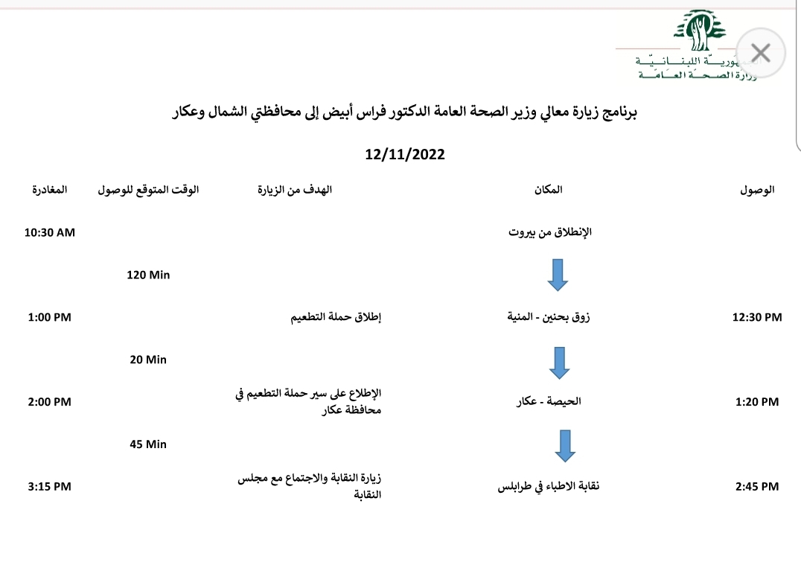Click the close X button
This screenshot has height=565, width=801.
tap(760, 53)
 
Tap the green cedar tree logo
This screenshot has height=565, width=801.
tap(698, 31)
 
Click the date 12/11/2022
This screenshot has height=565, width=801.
tap(405, 155)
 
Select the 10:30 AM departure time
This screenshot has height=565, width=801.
tap(50, 232)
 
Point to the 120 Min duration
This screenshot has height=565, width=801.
tap(149, 275)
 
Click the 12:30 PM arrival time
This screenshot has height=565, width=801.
tap(758, 317)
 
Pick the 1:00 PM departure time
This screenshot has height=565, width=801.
tap(50, 317)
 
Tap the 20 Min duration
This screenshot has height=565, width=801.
tap(148, 360)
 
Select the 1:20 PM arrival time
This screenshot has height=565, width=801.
tap(756, 402)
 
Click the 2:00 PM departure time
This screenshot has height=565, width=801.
tap(50, 402)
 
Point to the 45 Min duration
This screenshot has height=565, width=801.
tap(148, 444)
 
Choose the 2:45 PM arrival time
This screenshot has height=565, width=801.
tap(756, 487)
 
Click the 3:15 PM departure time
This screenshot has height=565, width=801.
tap(50, 487)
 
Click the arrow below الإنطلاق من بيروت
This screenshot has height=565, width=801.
tap(558, 274)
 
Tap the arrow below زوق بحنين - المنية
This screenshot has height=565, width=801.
tap(558, 361)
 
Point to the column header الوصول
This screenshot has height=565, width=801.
tap(757, 190)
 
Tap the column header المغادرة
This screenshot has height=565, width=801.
tap(49, 190)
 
